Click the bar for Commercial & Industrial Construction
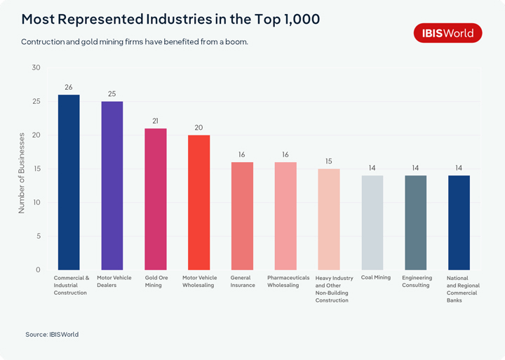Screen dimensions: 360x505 click(69, 182)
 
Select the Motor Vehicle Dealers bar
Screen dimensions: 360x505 click(112, 186)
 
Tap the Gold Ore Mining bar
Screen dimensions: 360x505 click(156, 199)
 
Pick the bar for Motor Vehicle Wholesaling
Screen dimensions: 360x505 click(199, 203)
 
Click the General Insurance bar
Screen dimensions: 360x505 click(243, 216)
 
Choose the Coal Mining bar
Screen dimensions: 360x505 click(372, 223)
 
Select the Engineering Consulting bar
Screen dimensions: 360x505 click(416, 223)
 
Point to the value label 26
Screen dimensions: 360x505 click(69, 88)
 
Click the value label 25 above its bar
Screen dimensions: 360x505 click(112, 94)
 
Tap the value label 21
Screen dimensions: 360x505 click(156, 121)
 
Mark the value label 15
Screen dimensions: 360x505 click(329, 161)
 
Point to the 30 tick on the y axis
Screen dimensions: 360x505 click(36, 68)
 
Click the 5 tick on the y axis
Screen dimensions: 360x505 click(38, 236)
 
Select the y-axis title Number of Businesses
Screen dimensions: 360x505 click(22, 173)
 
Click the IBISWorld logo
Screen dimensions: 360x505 click(447, 33)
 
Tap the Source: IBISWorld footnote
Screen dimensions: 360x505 click(52, 335)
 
